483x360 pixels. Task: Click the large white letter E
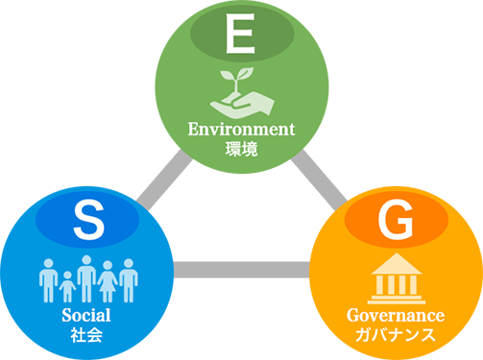[240, 34]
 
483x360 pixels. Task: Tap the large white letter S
[89, 220]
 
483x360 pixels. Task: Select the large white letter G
[396, 220]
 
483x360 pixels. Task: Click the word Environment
[241, 130]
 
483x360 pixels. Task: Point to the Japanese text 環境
[241, 149]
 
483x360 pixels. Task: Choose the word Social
[86, 315]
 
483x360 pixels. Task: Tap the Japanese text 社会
[86, 335]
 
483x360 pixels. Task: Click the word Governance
[396, 316]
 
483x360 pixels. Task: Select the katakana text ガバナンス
[396, 335]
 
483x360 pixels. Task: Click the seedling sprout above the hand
[236, 80]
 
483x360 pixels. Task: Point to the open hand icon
[242, 105]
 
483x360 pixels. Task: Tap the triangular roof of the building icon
[397, 264]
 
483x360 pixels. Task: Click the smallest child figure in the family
[67, 287]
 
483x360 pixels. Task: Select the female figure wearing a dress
[108, 281]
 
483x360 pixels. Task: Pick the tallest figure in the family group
[86, 278]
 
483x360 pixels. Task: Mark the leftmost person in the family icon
[49, 280]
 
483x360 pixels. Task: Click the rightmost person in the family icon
[129, 280]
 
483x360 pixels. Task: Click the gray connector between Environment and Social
[164, 180]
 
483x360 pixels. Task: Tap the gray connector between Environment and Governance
[319, 180]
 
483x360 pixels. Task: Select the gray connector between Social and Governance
[242, 270]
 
